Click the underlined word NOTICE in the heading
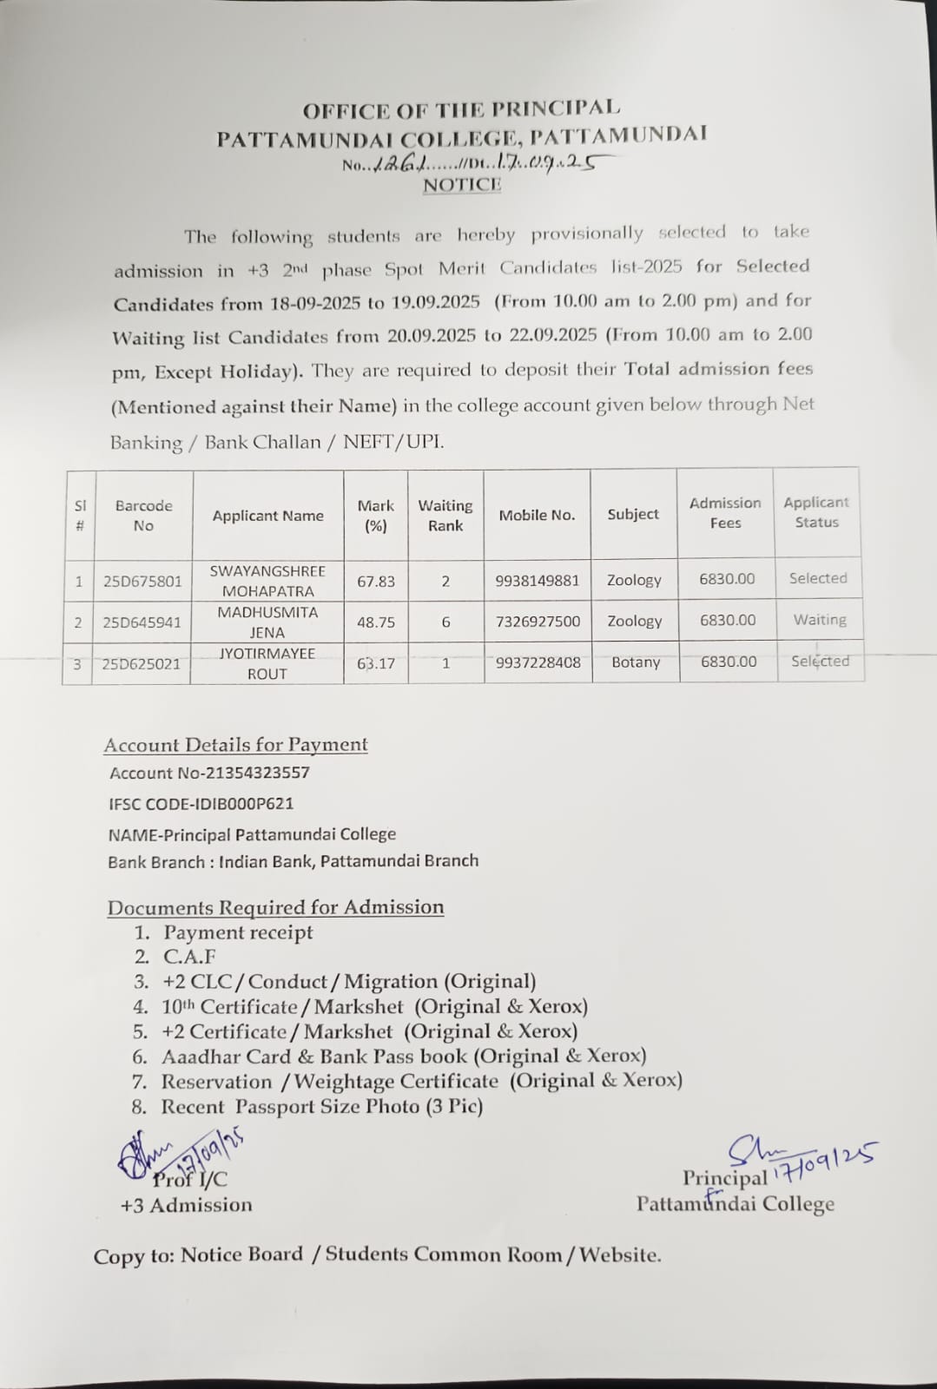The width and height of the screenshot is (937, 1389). [x=462, y=184]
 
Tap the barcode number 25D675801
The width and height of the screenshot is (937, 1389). [x=142, y=581]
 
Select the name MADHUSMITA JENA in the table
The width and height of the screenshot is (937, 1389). [x=267, y=622]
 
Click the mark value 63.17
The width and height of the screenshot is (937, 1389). [x=376, y=663]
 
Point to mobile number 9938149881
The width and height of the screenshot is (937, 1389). [x=537, y=581]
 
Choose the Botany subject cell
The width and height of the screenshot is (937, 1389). [x=636, y=662]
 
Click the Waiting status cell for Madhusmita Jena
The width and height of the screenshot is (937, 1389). [x=819, y=620]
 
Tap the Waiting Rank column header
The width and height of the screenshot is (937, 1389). [x=445, y=516]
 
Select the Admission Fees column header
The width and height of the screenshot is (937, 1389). [x=725, y=513]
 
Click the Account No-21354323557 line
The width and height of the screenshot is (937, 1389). [x=209, y=773]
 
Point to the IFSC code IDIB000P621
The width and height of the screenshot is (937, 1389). [x=201, y=804]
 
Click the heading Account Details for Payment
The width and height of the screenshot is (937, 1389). [x=235, y=745]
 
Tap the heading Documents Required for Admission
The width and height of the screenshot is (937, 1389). [x=275, y=907]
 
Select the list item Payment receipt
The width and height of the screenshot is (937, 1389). [x=238, y=933]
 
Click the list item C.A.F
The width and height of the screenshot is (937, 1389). [x=189, y=958]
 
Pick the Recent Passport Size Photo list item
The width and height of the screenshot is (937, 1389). [x=321, y=1107]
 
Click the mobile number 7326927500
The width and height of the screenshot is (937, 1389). [x=538, y=622]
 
